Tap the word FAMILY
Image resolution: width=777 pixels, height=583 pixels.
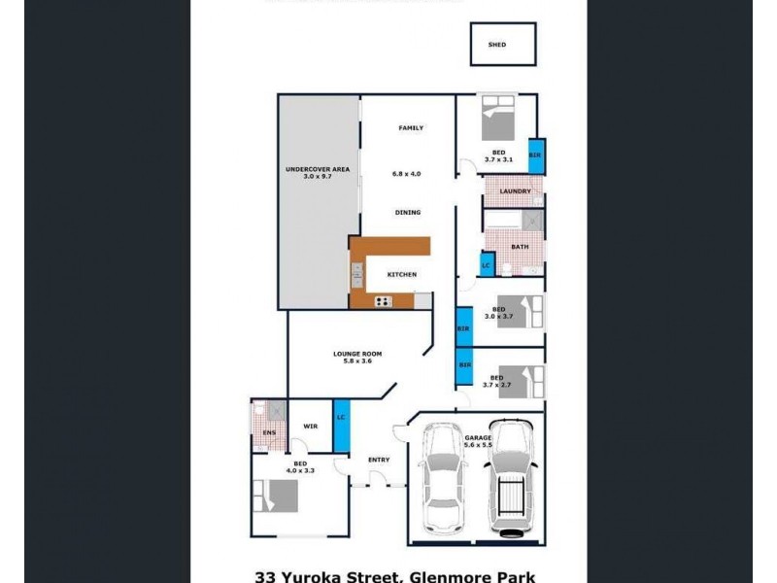point(411,128)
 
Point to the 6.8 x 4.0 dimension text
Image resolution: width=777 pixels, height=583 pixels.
point(407,174)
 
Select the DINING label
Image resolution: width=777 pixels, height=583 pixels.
point(408,212)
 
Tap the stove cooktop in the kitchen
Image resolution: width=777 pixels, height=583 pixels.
point(384,301)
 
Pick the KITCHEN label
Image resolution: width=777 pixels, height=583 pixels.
point(401,274)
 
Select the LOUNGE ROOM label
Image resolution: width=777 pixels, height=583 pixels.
point(357,354)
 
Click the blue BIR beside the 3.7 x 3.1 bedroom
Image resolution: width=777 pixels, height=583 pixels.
point(535,155)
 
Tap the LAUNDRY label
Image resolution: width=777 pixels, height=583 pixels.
point(515,191)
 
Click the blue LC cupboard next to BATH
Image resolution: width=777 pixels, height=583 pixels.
point(487,264)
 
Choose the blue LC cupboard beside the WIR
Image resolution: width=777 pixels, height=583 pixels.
point(341,418)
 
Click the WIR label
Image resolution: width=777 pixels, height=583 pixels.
point(311,426)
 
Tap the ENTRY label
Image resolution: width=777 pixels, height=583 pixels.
point(379,460)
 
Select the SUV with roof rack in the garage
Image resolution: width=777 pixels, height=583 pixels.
point(509,476)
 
